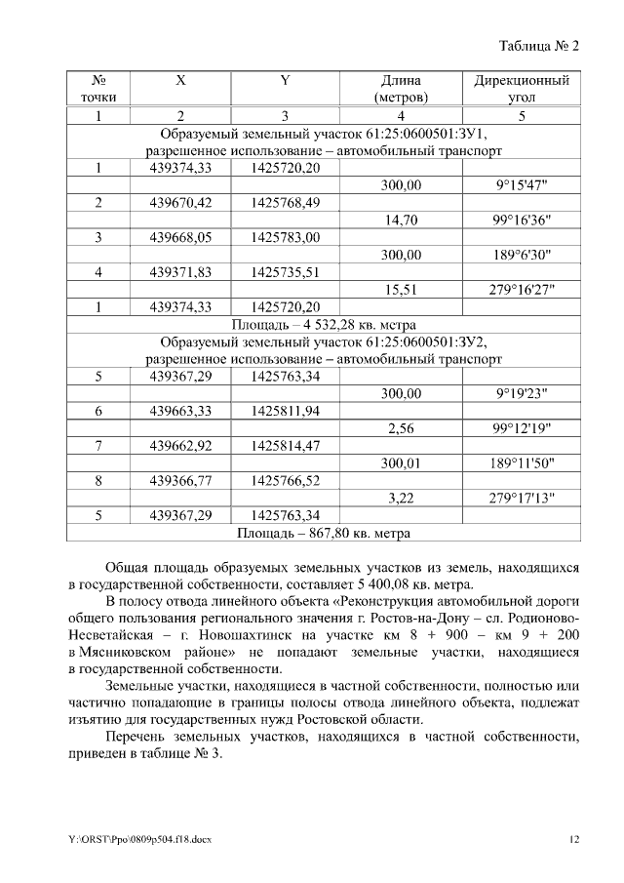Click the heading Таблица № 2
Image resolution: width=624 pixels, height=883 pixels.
pyautogui.click(x=539, y=46)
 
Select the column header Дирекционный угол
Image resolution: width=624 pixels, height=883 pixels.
pyautogui.click(x=521, y=89)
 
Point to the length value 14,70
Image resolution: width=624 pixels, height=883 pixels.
pyautogui.click(x=402, y=221)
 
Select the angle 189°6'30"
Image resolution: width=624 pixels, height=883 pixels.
pyautogui.click(x=521, y=255)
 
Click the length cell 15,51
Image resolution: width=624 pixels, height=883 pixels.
pyautogui.click(x=402, y=289)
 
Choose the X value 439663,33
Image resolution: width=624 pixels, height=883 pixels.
pyautogui.click(x=180, y=411)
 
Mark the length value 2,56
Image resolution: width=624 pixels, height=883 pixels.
pyautogui.click(x=402, y=428)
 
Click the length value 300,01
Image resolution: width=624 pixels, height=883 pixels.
pyautogui.click(x=402, y=462)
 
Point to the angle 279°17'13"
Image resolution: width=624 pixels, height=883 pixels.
pyautogui.click(x=521, y=498)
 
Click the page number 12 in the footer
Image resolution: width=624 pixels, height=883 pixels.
pyautogui.click(x=574, y=839)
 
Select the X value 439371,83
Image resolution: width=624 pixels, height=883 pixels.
pyautogui.click(x=180, y=272)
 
